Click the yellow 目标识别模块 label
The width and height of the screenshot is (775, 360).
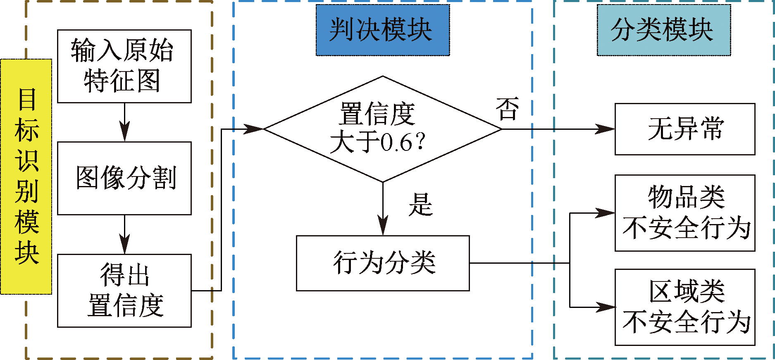26,176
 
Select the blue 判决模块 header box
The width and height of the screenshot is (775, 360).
382,30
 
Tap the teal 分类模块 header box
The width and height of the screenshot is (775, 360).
663,30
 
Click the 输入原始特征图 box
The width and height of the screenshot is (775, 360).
124,66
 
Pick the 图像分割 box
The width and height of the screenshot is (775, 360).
124,178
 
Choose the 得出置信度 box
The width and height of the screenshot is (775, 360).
124,291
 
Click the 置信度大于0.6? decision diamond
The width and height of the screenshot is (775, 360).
382,129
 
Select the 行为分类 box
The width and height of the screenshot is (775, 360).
382,263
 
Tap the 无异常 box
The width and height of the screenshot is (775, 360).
684,129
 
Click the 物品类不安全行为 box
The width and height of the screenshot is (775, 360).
684,213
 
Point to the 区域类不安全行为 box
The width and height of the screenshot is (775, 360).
684,307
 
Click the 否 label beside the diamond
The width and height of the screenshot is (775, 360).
507,109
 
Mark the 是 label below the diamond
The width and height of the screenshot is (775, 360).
420,205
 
